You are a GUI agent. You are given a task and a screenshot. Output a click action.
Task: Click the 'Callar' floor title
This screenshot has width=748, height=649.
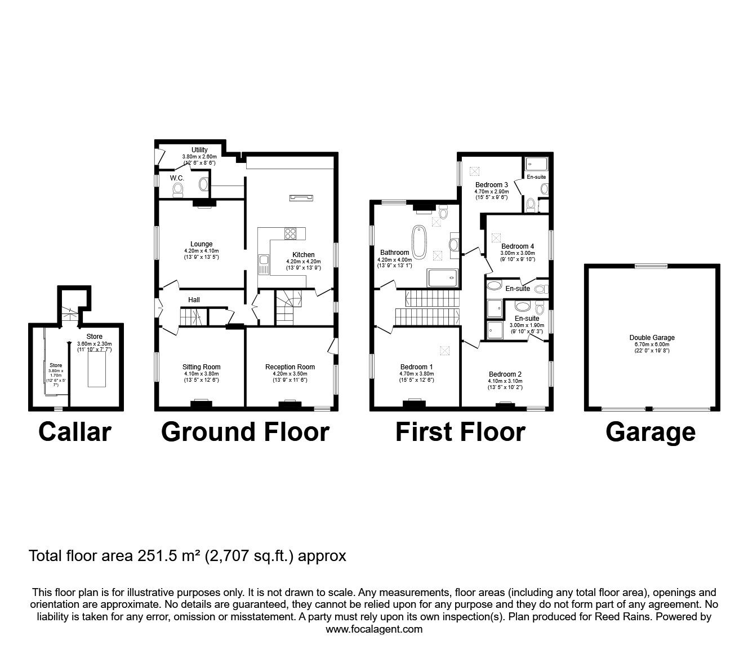pos(75,432)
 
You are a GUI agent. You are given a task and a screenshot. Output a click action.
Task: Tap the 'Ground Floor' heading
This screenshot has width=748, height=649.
pos(246,432)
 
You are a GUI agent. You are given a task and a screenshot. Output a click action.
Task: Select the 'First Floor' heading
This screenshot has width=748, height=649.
pos(460,432)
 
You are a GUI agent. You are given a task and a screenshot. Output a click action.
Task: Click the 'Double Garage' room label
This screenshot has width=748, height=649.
pos(652,337)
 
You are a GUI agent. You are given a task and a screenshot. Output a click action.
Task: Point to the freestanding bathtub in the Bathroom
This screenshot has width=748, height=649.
pos(420,242)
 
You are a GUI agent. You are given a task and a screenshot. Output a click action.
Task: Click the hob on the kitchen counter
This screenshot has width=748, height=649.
pos(290,233)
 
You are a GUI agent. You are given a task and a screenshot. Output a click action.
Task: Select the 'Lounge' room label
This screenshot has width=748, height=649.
pos(202,244)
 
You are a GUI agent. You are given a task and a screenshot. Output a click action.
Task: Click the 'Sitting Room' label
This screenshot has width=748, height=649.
pos(202,367)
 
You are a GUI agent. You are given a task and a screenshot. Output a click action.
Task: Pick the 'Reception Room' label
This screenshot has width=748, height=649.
pos(290,367)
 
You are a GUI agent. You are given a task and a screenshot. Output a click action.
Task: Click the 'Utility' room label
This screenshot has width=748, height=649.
pos(199,149)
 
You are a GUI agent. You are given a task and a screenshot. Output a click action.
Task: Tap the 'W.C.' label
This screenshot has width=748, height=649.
pos(177,178)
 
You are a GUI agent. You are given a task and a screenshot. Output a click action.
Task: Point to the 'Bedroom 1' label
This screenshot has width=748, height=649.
pos(416,367)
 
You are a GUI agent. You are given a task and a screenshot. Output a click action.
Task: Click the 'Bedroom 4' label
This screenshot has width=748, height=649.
pos(518,246)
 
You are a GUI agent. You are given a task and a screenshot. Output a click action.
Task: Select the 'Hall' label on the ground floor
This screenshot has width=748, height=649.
pos(194,299)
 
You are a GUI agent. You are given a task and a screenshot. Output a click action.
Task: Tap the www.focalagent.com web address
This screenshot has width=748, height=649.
pos(374,629)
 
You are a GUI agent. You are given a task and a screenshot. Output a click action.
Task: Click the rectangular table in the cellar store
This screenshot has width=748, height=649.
pos(97,369)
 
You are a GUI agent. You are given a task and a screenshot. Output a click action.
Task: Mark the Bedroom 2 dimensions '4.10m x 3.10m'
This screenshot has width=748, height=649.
pos(505,381)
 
